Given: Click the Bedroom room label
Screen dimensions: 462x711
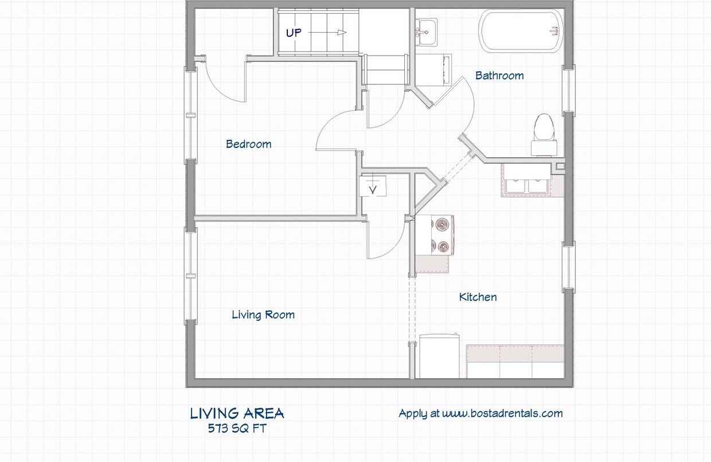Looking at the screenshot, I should tap(248, 144).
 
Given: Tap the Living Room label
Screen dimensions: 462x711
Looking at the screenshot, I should tap(263, 315).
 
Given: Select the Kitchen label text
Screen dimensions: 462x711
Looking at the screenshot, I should tap(478, 297).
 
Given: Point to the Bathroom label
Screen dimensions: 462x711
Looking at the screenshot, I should tap(499, 75).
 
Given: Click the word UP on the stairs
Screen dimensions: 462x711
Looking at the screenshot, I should tap(294, 33).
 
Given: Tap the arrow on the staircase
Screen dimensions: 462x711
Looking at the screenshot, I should tap(328, 33).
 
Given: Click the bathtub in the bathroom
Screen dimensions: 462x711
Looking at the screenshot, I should tap(520, 32).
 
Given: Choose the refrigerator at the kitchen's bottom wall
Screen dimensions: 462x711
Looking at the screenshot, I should tap(439, 356).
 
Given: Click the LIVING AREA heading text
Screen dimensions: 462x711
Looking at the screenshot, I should tap(237, 413).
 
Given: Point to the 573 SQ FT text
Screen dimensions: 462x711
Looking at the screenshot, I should tap(237, 428).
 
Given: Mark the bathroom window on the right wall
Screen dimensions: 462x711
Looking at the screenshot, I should tap(568, 89).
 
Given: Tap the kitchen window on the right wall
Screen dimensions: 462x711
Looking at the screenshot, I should tap(568, 267).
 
